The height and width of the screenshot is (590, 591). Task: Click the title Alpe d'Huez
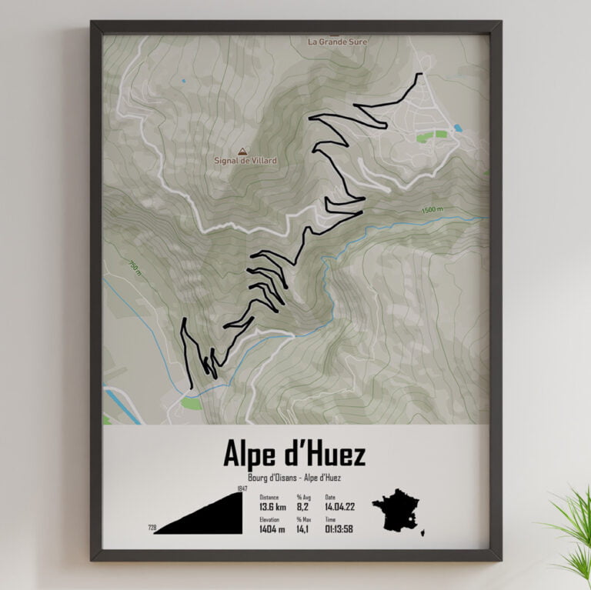tap(294, 454)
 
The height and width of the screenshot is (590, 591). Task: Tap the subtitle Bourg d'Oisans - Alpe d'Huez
tap(294, 478)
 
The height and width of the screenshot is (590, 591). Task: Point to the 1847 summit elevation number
tap(243, 490)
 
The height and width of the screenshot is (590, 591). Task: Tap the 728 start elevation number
tap(152, 528)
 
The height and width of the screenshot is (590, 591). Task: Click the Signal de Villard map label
tap(245, 161)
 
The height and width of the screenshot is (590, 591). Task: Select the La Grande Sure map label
tap(337, 42)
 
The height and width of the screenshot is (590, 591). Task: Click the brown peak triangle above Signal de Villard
tap(243, 151)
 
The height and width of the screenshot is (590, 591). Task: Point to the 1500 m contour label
tap(432, 210)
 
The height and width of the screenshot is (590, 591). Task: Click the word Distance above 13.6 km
tap(269, 497)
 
